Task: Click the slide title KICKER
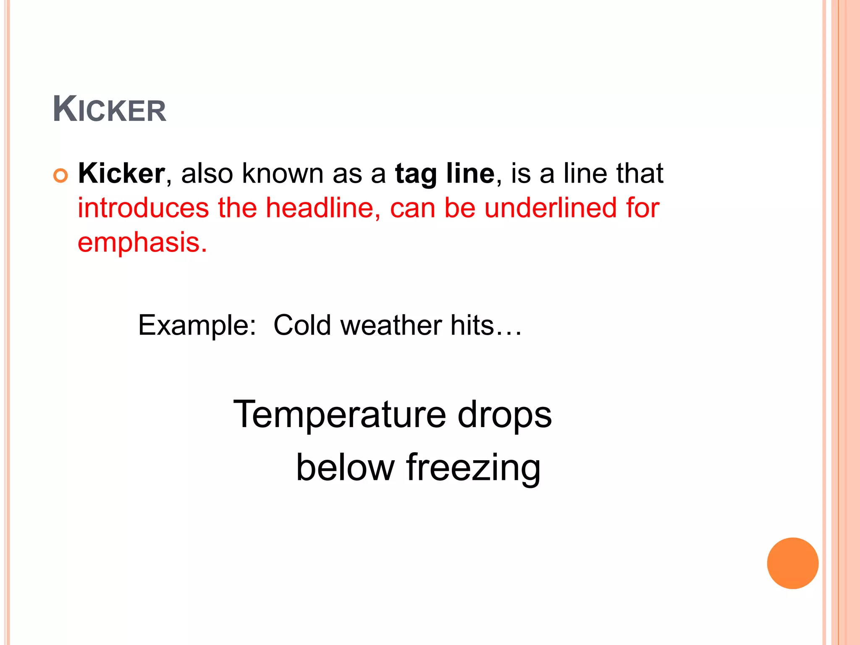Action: (x=110, y=110)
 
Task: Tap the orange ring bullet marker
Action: (x=60, y=176)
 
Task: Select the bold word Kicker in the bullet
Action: (x=121, y=173)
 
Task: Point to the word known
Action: (x=282, y=173)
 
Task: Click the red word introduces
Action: (x=143, y=208)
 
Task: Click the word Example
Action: (x=197, y=325)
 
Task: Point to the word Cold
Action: (x=302, y=325)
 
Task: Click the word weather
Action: (x=391, y=325)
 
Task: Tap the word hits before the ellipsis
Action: (x=472, y=325)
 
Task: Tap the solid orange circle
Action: (x=792, y=563)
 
